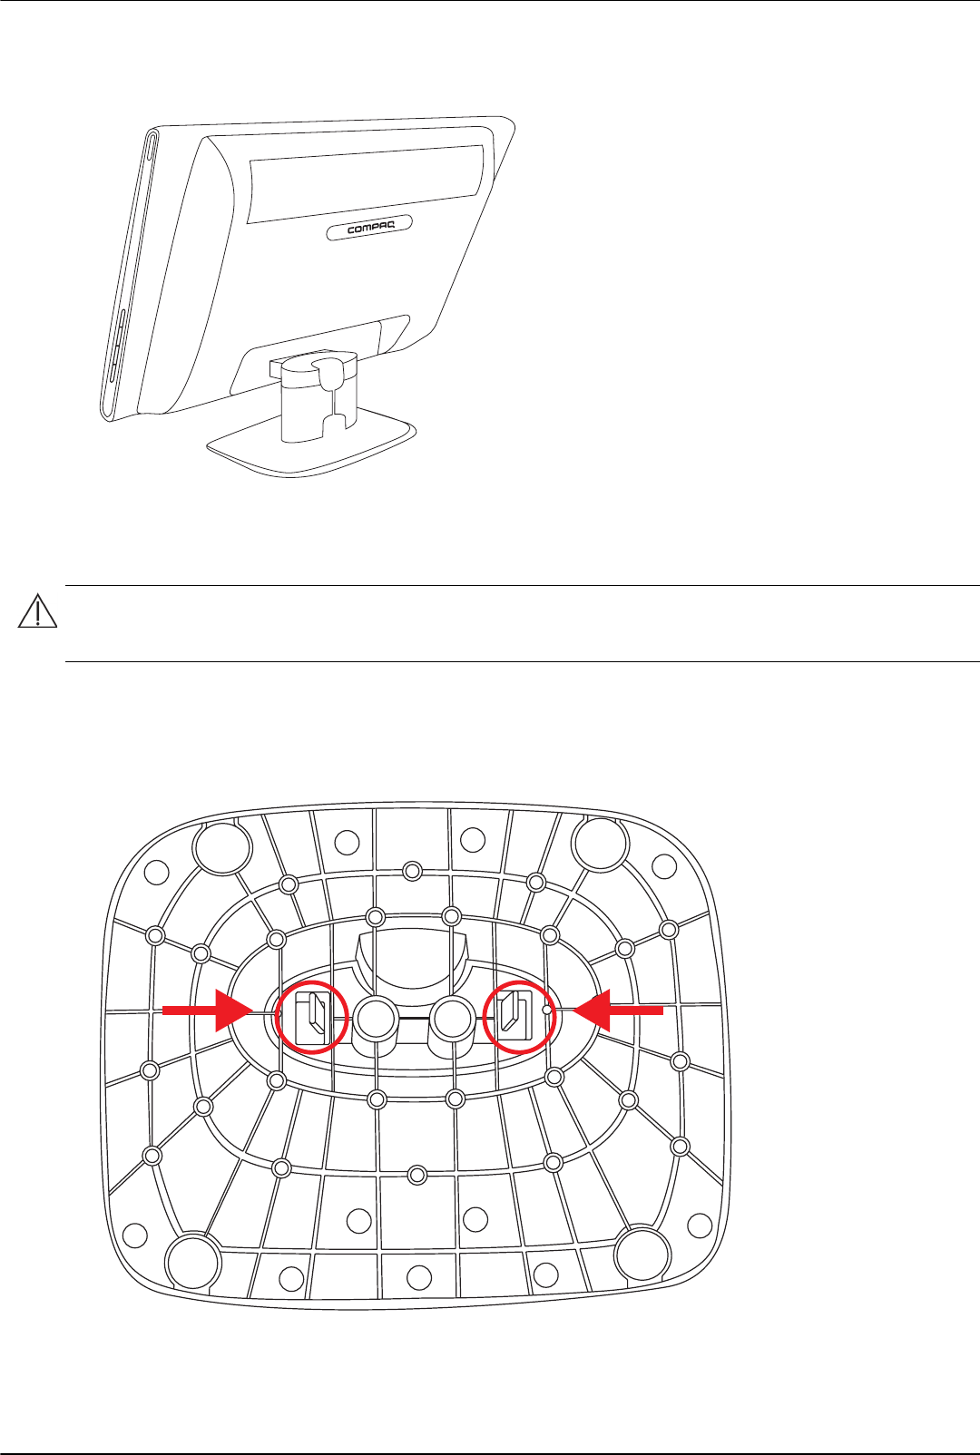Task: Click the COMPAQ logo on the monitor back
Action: pos(369,228)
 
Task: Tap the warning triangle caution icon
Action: pos(37,614)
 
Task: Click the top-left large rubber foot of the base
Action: pos(222,847)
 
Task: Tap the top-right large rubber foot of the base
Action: pos(601,845)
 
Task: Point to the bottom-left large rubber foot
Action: pos(193,1260)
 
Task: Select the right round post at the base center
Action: pos(450,1020)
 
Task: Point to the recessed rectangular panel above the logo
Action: pos(365,182)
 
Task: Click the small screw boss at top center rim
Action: pos(413,871)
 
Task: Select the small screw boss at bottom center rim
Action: pos(416,1175)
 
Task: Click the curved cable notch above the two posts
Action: pos(412,957)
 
